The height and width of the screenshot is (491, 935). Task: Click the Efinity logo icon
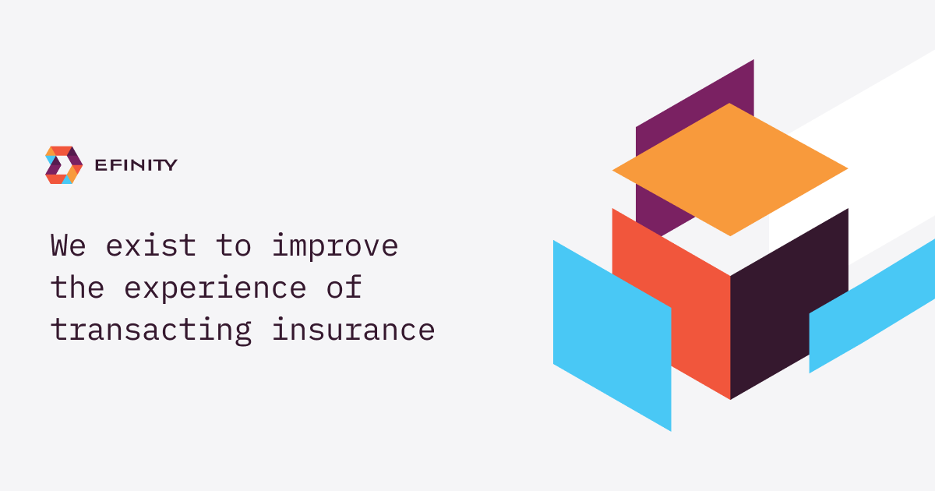[x=64, y=165]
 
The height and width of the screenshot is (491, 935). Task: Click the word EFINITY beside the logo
[x=136, y=165]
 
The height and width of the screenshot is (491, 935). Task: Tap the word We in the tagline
[x=69, y=246]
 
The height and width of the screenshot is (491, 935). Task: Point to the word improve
[x=335, y=246]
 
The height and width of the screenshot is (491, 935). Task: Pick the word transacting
[x=151, y=330]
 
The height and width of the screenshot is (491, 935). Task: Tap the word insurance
[x=352, y=330]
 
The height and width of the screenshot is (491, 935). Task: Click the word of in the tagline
[x=344, y=288]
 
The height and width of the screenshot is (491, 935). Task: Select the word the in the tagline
[x=78, y=288]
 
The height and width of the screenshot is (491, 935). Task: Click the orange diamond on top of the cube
[x=730, y=169]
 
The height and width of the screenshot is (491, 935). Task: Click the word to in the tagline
[x=234, y=246]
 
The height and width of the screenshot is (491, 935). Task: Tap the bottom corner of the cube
[x=730, y=397]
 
